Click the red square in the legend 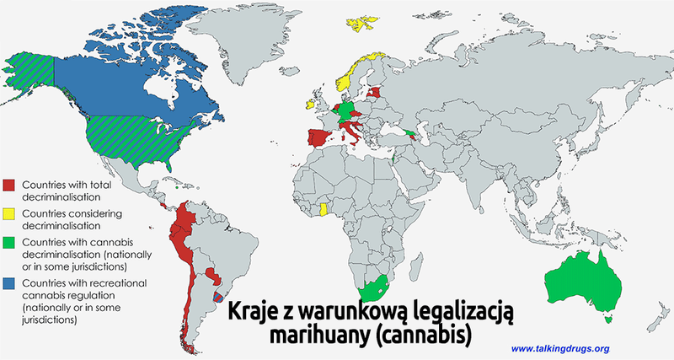click(10, 185)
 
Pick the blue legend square click(10, 282)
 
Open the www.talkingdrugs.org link click(560, 348)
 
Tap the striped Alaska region click(29, 72)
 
